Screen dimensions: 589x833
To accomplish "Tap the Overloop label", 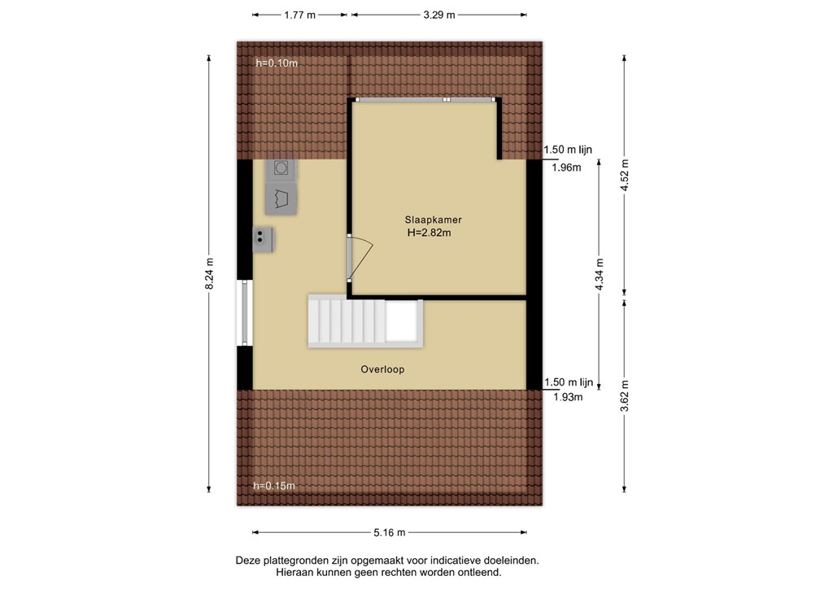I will click(x=382, y=369).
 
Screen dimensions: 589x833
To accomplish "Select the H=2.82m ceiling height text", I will click(x=429, y=233).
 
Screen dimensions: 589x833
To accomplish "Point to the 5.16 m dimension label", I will click(x=390, y=533).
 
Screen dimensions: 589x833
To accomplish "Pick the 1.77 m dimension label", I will click(x=300, y=15).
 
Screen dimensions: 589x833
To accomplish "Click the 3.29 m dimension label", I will click(x=439, y=15).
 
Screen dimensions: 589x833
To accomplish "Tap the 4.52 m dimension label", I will click(x=624, y=173).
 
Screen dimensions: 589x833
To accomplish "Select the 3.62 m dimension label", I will click(x=624, y=396).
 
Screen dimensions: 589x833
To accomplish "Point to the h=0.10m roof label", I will click(x=277, y=63).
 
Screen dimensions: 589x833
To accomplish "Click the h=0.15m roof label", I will click(x=274, y=486).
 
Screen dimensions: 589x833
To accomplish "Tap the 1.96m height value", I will click(x=567, y=168).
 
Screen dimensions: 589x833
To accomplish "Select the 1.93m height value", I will click(x=567, y=397).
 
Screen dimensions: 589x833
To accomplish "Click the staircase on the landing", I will click(x=345, y=321).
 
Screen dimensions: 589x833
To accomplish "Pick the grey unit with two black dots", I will click(x=263, y=239).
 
